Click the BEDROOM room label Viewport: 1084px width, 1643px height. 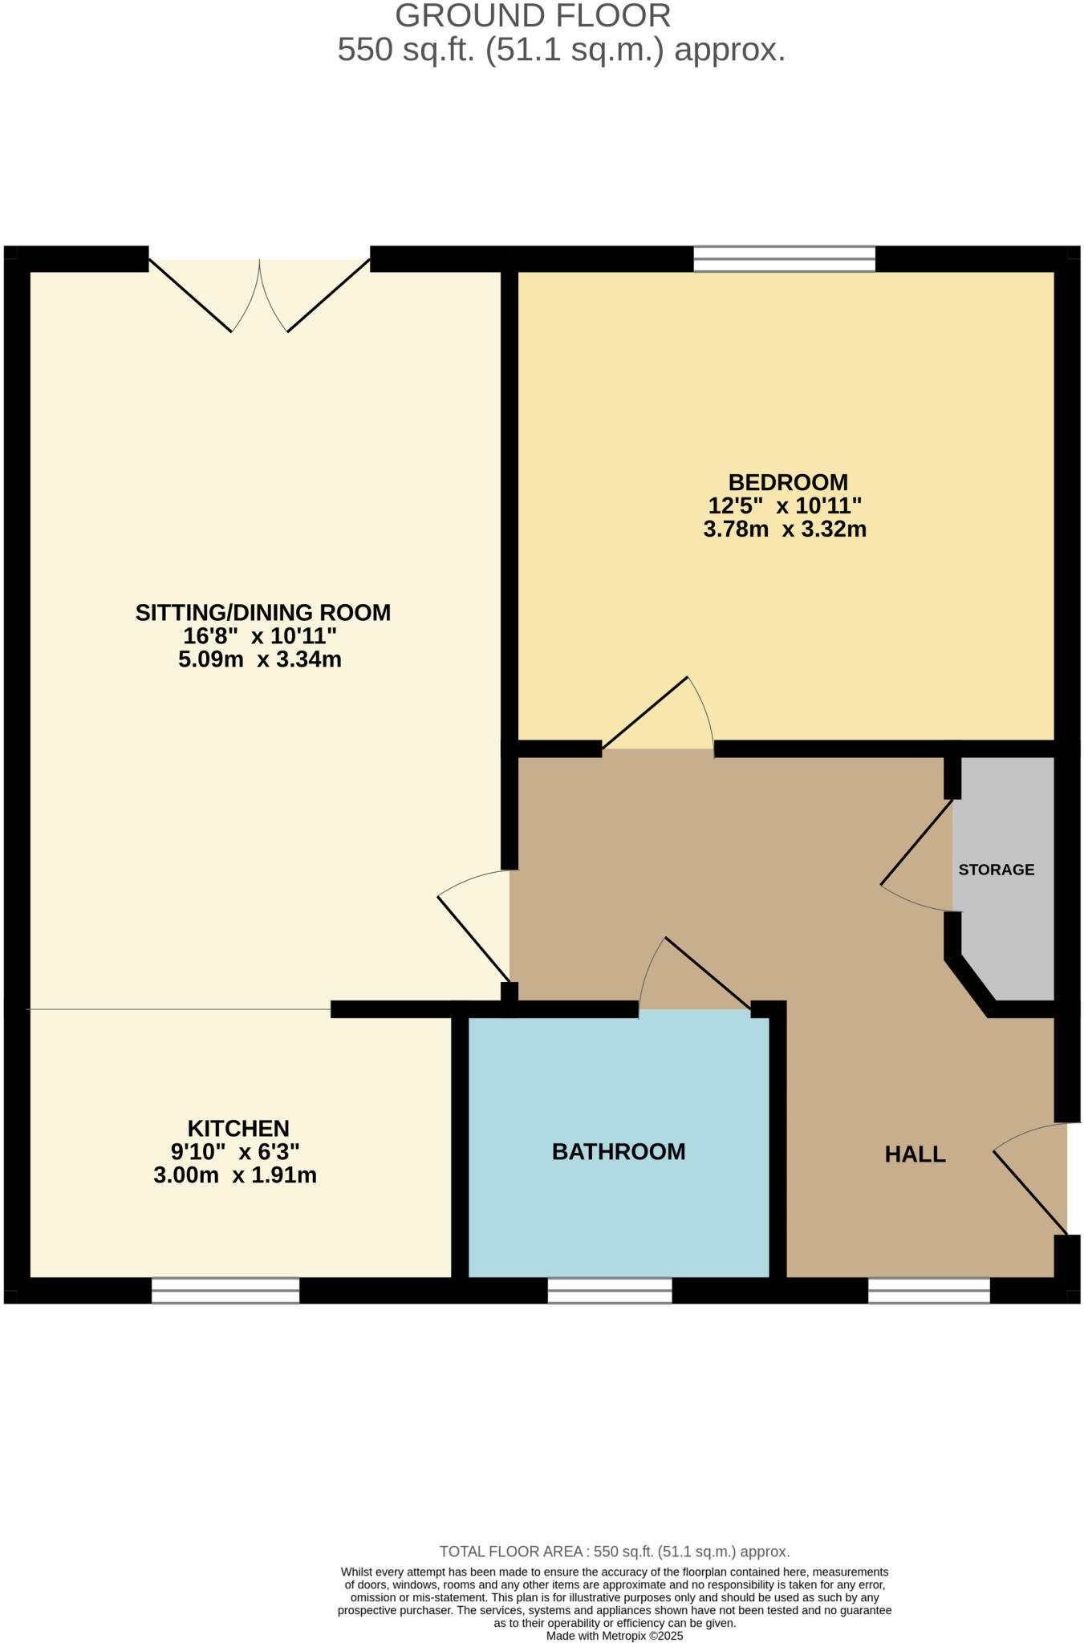[787, 482]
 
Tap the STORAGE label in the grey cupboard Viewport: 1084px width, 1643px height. [996, 870]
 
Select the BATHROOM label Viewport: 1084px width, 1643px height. [619, 1152]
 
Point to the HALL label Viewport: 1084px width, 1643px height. [915, 1154]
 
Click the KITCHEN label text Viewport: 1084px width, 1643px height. [238, 1128]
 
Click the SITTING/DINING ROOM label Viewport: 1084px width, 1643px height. [262, 613]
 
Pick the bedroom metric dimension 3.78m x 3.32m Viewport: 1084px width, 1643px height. [784, 529]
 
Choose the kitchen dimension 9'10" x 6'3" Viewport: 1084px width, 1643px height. [235, 1152]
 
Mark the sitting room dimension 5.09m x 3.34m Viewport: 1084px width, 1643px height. [260, 660]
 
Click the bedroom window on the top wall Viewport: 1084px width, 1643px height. [784, 259]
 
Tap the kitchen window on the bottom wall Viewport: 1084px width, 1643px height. [225, 1290]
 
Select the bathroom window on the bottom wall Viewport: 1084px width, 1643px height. [610, 1290]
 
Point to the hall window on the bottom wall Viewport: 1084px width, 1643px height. [929, 1290]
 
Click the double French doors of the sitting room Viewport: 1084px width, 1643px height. [259, 294]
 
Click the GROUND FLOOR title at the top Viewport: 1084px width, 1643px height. [533, 16]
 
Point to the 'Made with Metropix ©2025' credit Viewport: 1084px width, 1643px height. [614, 1636]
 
